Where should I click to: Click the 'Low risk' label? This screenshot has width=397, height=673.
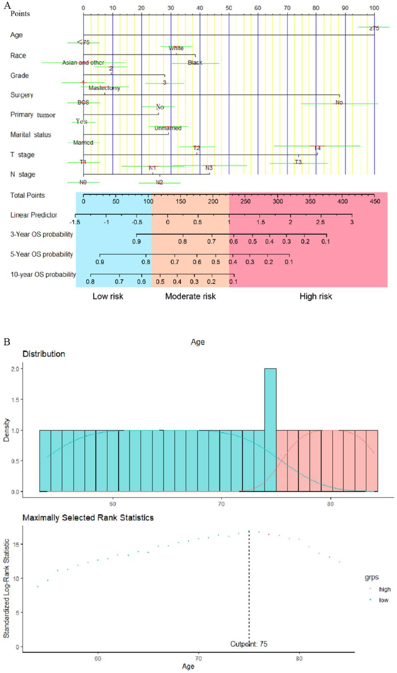coord(108,296)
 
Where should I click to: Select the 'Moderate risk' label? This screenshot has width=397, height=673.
coord(190,296)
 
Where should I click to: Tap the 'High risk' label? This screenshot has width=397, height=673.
coord(316,296)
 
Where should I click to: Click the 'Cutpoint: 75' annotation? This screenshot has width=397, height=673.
coord(249,644)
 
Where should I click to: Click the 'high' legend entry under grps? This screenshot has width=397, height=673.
coord(384,589)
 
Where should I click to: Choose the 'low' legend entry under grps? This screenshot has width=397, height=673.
coord(383,600)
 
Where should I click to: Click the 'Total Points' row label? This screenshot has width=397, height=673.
coord(27,195)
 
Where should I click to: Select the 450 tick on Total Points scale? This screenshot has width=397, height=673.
coord(375,201)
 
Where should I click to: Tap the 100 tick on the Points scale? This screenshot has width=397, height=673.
coord(374,8)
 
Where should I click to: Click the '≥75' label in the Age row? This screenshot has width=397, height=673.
coord(374,28)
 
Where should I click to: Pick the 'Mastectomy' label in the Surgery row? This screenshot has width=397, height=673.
coord(104,88)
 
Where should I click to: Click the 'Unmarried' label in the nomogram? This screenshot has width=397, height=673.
coord(168,128)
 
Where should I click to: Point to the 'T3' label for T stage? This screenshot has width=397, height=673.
coord(298,162)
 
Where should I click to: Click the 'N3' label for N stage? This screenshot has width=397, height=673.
coord(209,168)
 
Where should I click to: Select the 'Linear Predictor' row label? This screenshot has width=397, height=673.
coord(34,215)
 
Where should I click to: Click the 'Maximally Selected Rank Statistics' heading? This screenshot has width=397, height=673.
coord(88,518)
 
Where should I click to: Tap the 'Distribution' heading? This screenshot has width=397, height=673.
coord(43,354)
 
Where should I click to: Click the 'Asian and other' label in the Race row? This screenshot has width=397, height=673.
coord(83,63)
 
